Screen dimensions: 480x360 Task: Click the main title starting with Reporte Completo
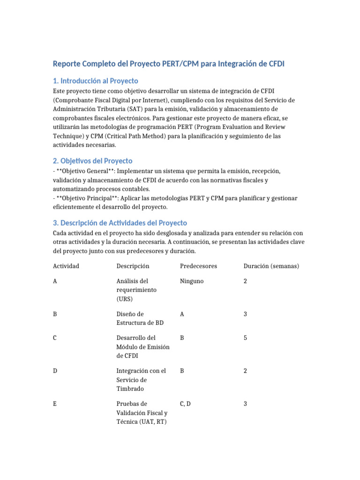pos(168,63)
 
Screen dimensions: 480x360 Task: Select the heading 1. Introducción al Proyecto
pos(96,81)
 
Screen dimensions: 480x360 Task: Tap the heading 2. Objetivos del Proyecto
pos(93,161)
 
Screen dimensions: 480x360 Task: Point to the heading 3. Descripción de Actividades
pos(120,223)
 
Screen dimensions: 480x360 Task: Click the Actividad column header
pos(66,266)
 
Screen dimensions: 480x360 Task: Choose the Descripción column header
pos(133,266)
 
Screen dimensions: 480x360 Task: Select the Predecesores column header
pos(198,266)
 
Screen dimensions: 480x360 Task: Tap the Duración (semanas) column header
pos(271,266)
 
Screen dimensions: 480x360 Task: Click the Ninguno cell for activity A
pos(192,281)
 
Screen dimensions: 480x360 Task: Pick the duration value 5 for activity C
pos(245,338)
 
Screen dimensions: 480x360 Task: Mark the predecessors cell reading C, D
pos(185,404)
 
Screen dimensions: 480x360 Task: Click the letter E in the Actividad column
pos(55,404)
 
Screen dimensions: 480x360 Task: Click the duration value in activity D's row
pos(245,371)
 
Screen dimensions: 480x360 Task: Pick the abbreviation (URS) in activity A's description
pos(125,299)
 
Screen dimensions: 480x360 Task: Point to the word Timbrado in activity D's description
pos(130,389)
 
